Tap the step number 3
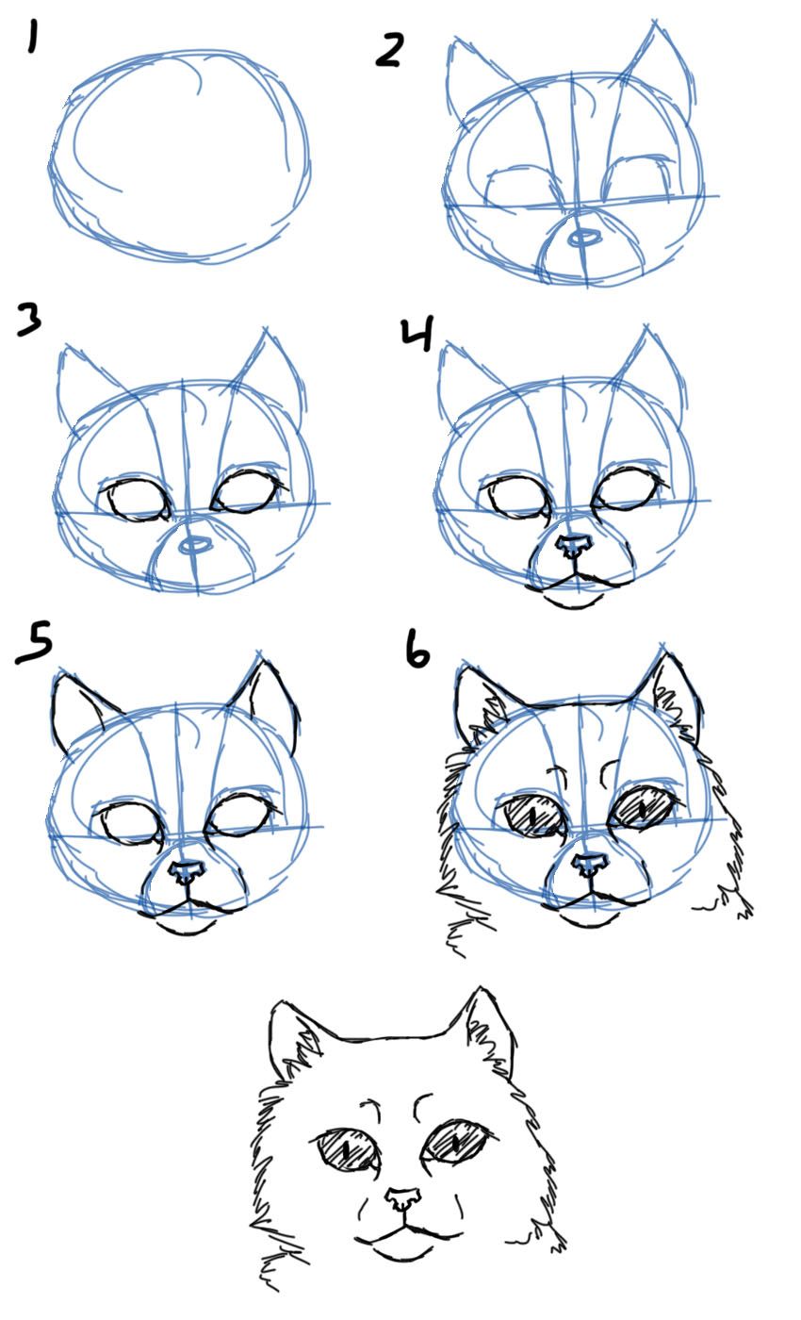[x=29, y=321]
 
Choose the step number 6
[x=416, y=651]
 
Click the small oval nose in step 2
[x=584, y=238]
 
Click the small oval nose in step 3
[x=194, y=545]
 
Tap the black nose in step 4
[x=573, y=546]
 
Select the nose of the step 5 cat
[x=188, y=871]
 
